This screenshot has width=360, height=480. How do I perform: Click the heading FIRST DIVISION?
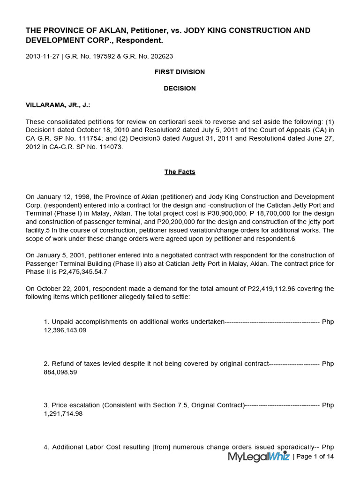click(x=180, y=72)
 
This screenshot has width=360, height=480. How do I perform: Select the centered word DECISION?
click(x=180, y=88)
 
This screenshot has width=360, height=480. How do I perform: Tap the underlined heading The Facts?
click(x=180, y=172)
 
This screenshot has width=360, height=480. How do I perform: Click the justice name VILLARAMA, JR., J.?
click(x=58, y=105)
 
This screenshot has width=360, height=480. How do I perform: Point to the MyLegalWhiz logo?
click(x=259, y=457)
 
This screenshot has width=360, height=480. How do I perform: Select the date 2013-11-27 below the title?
click(x=42, y=56)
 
